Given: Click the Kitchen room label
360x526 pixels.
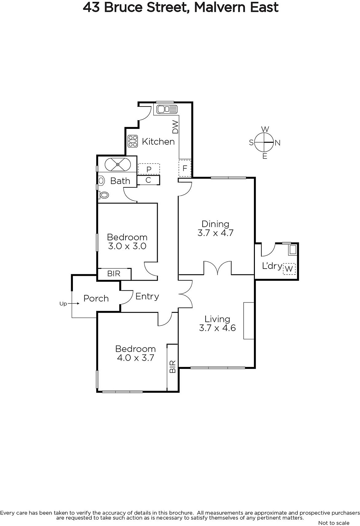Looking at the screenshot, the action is point(158,142).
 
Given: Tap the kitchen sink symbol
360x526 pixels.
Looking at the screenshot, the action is point(167,109).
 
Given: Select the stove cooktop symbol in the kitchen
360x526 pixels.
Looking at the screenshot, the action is point(133,141).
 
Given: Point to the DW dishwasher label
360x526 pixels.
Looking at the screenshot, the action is point(175,127).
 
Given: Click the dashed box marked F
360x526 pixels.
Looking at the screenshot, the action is point(185,168).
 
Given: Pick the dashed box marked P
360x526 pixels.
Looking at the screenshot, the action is point(149,169).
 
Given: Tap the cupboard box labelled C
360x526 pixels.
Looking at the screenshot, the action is point(148,180).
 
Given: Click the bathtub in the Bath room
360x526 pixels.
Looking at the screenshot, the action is point(118,164).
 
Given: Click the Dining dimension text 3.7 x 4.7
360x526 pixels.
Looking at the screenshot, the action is point(215,233).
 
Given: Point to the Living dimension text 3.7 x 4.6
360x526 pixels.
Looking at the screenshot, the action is point(217,328).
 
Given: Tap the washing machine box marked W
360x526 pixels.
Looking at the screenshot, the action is point(289,269).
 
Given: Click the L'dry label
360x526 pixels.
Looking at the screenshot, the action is point(272,266).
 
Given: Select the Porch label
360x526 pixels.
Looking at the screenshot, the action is point(96,299).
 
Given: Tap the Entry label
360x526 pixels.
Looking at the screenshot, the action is point(147,297).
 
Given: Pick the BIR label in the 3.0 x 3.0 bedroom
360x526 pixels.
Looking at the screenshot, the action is point(114,274).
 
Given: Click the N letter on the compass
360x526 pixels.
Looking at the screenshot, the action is point(278,143).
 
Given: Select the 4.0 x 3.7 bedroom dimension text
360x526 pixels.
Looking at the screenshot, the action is point(135,358).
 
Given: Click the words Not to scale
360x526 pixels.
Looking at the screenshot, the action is point(334,523).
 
